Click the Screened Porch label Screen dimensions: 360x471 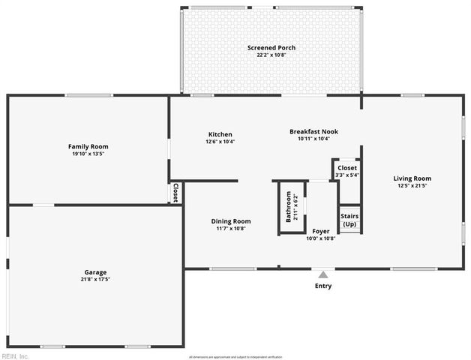(271, 48)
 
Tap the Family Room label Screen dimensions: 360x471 (88, 146)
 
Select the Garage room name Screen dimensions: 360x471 (95, 272)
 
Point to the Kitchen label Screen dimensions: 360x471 (220, 134)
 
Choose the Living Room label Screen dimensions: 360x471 (412, 178)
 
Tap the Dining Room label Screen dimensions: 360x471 (231, 221)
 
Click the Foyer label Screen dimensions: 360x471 (321, 231)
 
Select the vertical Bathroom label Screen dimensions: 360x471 (288, 206)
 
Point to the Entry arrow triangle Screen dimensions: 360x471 (322, 274)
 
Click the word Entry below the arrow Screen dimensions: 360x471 (322, 286)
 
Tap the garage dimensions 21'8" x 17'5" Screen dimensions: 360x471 (95, 280)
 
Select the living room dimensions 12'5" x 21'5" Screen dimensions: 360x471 (412, 186)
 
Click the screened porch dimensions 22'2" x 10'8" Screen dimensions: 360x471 (271, 55)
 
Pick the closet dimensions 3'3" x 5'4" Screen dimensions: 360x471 (347, 175)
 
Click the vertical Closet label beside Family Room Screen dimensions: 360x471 (175, 193)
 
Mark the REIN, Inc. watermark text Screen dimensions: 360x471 (15, 355)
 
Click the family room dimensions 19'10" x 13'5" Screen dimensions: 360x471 (88, 154)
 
